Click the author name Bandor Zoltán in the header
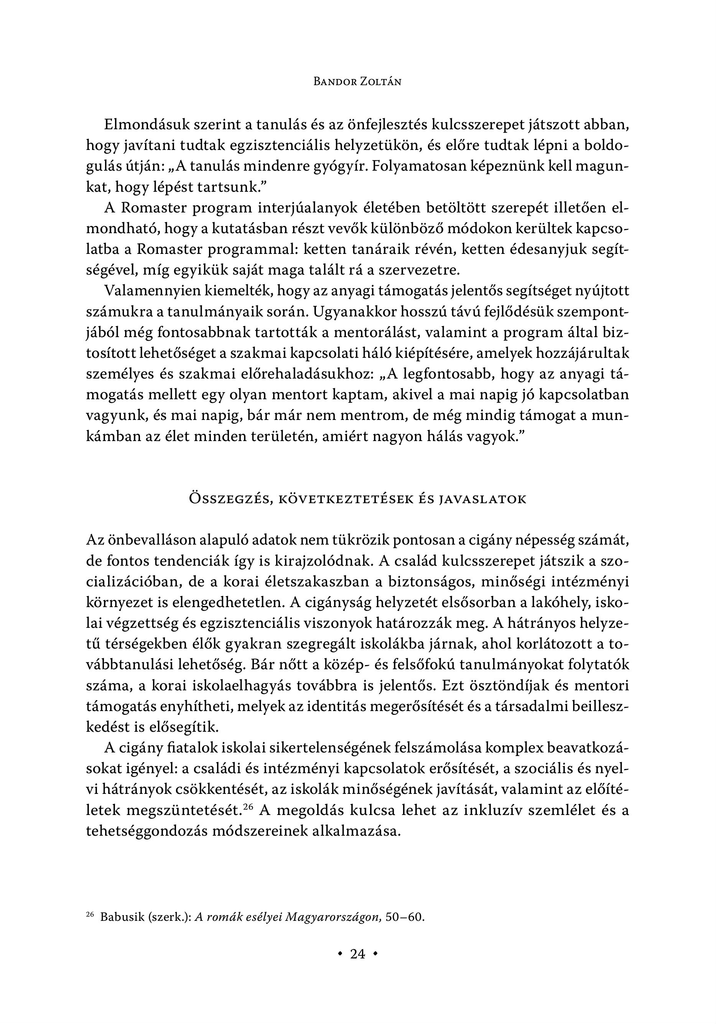tap(357, 82)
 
